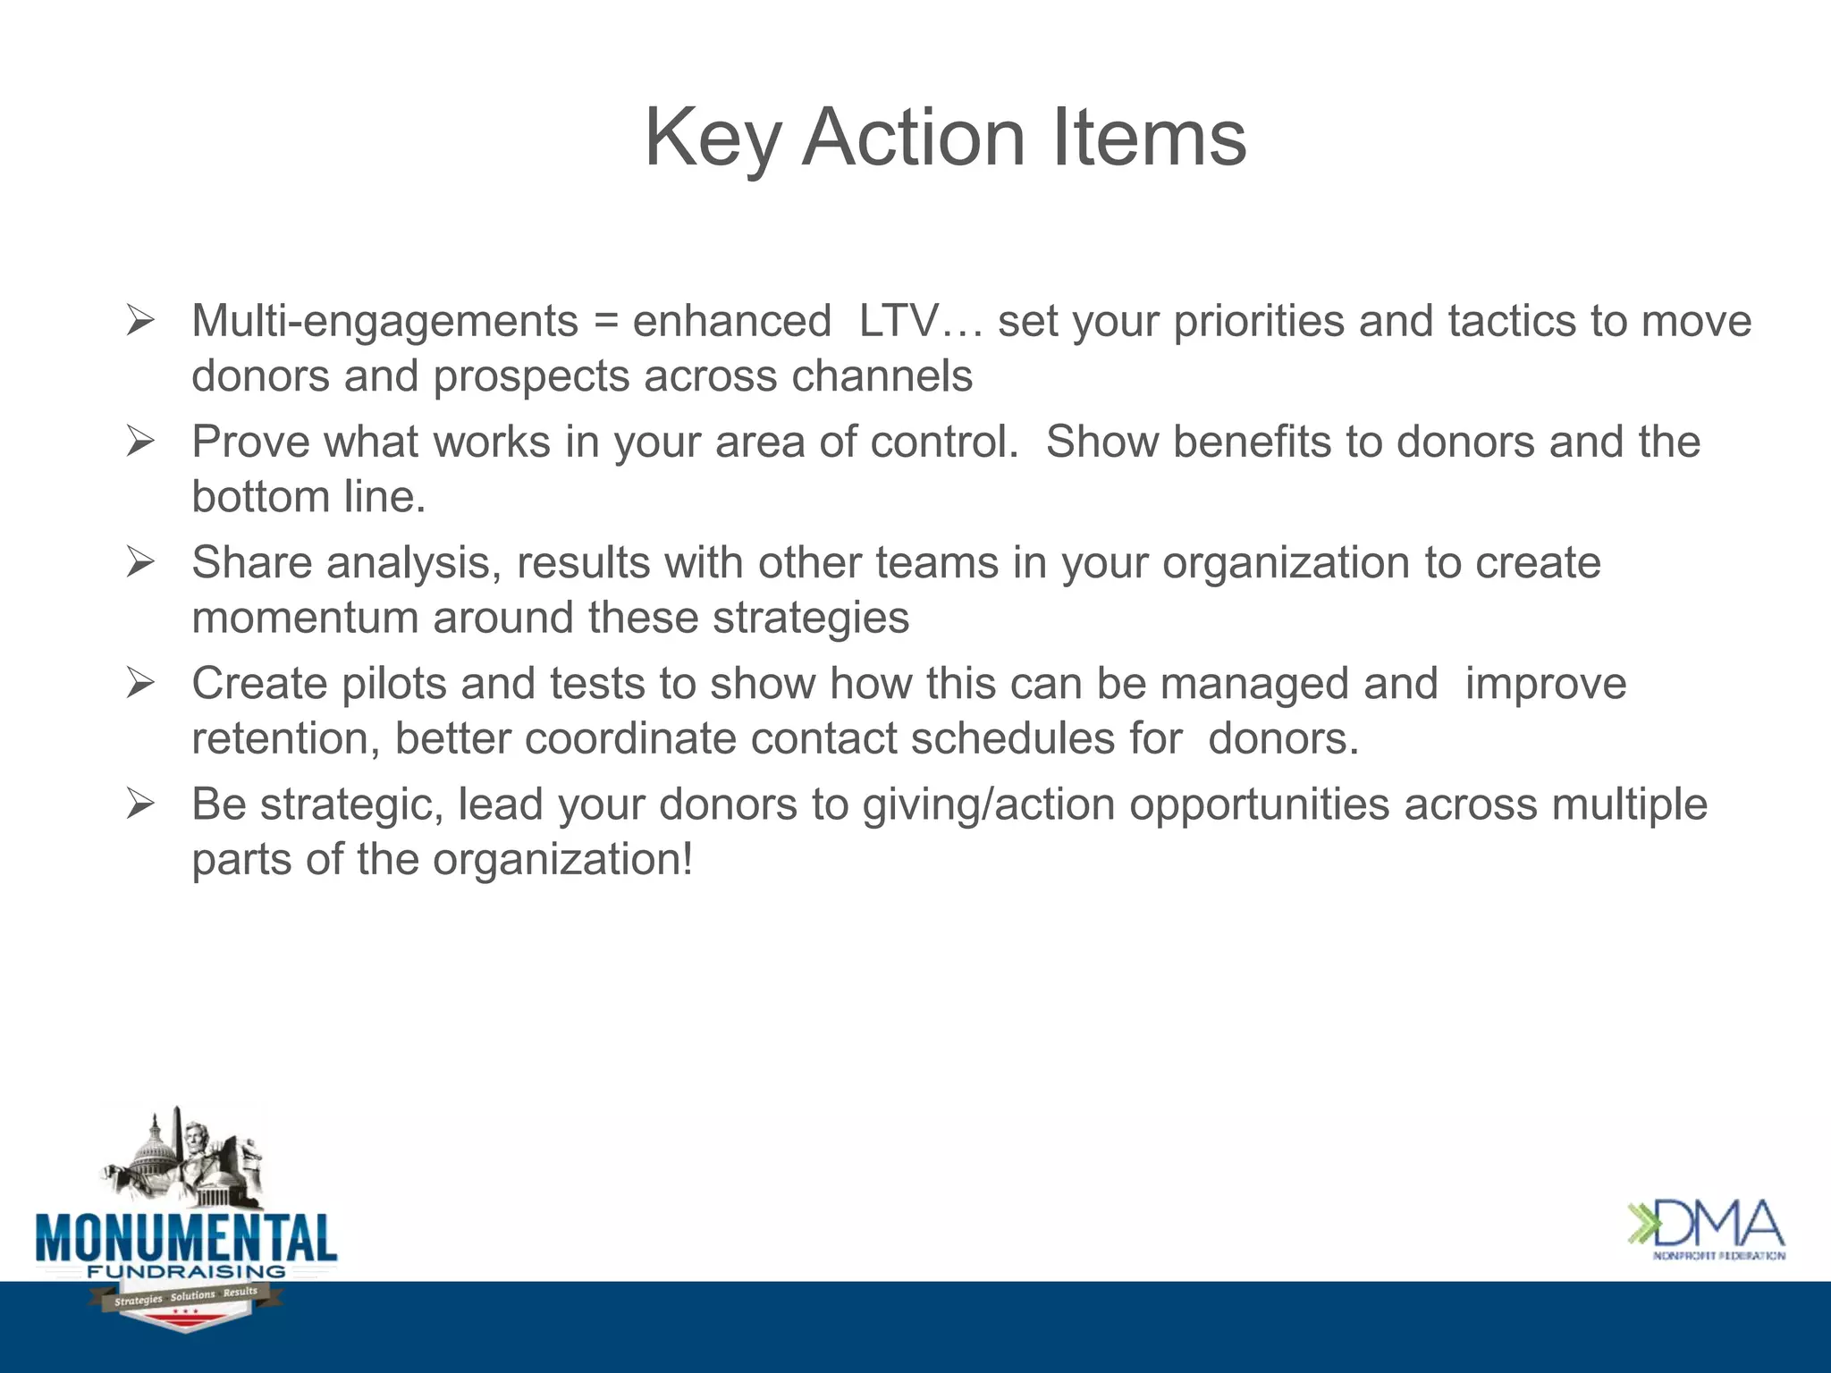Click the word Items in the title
[1149, 139]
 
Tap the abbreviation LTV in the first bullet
[899, 322]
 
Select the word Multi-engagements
[384, 322]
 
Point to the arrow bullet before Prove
[140, 441]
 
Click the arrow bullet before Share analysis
[140, 562]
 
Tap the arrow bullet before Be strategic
[140, 804]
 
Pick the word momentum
[305, 619]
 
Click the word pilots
[393, 685]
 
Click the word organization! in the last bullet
[562, 860]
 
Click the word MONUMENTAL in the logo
[186, 1238]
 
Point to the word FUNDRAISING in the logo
[186, 1271]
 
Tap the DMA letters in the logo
[1719, 1226]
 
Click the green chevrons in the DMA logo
[1641, 1225]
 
